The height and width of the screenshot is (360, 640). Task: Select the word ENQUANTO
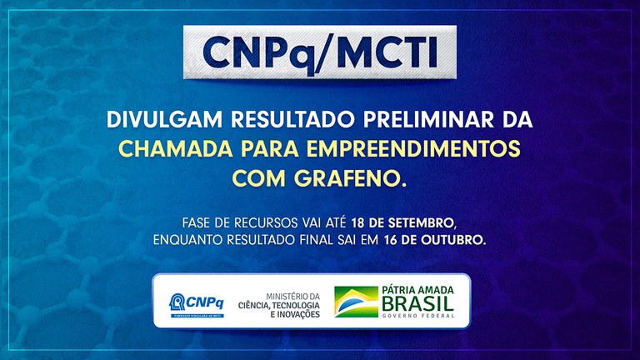pos(188,240)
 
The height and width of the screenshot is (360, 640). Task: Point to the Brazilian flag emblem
pos(356,302)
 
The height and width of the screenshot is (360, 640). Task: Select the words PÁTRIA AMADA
pos(417,289)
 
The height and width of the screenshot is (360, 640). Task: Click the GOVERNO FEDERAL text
pos(417,316)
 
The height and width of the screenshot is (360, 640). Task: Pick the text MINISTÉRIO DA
pos(292,295)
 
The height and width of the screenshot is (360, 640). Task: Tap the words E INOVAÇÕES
pos(292,314)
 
